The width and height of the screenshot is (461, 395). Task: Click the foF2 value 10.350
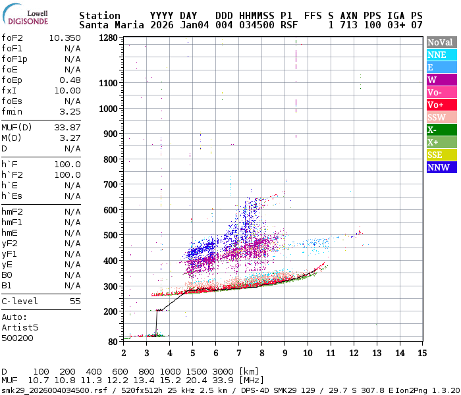[x=65, y=38]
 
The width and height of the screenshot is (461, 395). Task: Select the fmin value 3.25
[x=70, y=112]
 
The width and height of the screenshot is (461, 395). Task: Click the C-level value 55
[x=75, y=301]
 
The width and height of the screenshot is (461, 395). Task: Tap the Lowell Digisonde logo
[x=28, y=16]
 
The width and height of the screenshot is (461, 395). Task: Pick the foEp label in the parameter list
[x=13, y=80]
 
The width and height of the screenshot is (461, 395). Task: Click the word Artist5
[x=20, y=327]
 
